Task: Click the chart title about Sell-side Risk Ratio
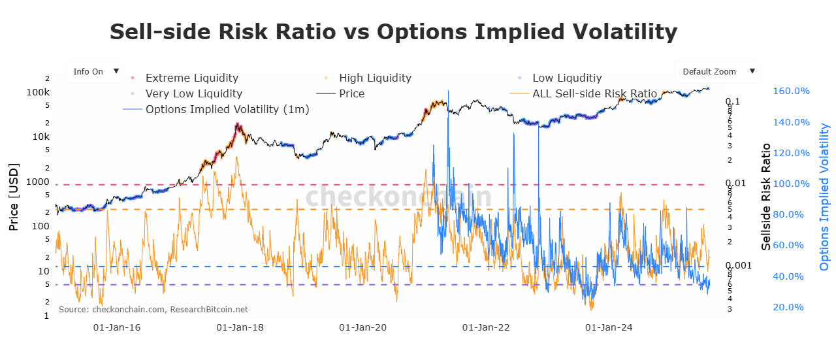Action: tap(393, 32)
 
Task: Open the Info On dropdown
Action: tap(94, 72)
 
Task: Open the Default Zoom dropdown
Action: tap(716, 72)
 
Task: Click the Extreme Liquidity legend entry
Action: tap(191, 78)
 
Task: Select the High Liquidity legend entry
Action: tap(375, 78)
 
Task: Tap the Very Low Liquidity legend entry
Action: tap(193, 94)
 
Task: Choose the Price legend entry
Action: tap(351, 94)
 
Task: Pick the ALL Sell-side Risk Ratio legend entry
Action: tap(594, 94)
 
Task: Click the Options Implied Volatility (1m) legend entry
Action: tap(227, 109)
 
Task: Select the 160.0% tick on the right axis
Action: tap(792, 91)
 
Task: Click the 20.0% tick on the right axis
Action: tap(789, 308)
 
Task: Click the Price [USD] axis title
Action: tap(13, 197)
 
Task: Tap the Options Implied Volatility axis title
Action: tap(824, 197)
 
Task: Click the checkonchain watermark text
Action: tap(398, 197)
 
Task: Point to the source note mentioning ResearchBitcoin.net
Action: tap(153, 309)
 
